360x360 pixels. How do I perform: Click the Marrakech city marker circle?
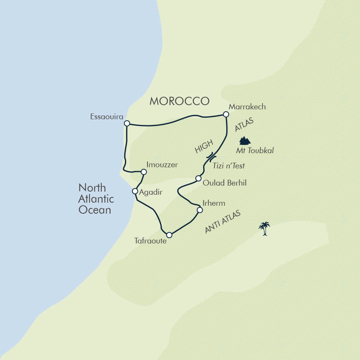click(x=226, y=114)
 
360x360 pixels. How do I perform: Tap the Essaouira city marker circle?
click(x=127, y=123)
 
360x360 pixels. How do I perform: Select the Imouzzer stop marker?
click(x=144, y=171)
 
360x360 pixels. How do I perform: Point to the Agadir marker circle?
click(x=134, y=191)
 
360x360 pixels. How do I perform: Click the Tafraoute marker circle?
click(x=169, y=235)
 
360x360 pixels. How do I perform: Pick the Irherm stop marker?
click(x=199, y=210)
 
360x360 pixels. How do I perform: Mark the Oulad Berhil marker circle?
click(x=198, y=178)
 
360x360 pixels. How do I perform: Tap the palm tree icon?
click(x=264, y=228)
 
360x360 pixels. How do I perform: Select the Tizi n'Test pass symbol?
click(x=211, y=156)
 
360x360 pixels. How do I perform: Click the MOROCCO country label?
click(x=179, y=101)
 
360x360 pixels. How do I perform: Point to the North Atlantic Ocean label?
click(x=96, y=198)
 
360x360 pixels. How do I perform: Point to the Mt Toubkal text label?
click(x=255, y=150)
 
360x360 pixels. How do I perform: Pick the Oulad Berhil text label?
click(x=224, y=183)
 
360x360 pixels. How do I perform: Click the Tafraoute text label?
click(x=150, y=241)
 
